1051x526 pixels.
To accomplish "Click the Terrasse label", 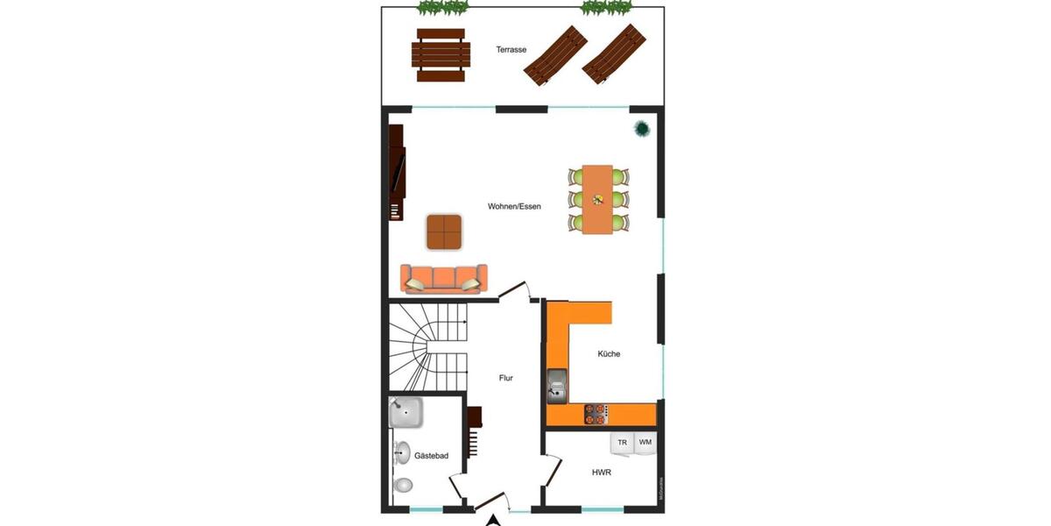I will click(511, 50).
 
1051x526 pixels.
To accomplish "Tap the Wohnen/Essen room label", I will click(514, 206).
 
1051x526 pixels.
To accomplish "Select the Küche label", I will click(609, 354).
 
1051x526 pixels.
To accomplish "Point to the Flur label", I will click(505, 378).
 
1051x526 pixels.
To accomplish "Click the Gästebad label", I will click(431, 456).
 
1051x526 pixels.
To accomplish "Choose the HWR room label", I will click(601, 473).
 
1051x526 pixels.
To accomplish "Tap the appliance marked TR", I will click(623, 443).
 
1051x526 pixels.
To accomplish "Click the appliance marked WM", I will click(645, 443).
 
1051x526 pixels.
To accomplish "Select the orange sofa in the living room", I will click(443, 278).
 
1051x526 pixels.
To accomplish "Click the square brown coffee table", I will click(445, 232).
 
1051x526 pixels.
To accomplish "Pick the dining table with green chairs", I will click(599, 199).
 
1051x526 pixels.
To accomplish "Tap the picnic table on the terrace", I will click(440, 54).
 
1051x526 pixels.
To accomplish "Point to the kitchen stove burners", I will click(596, 410).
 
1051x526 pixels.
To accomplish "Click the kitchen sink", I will click(557, 382).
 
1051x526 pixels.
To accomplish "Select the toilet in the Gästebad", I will click(404, 484).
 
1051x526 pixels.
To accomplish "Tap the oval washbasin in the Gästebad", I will click(402, 452).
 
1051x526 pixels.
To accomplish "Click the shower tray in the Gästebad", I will click(406, 412).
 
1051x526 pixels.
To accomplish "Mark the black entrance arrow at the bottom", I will click(494, 519).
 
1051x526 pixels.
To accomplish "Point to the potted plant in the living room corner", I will click(642, 129).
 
